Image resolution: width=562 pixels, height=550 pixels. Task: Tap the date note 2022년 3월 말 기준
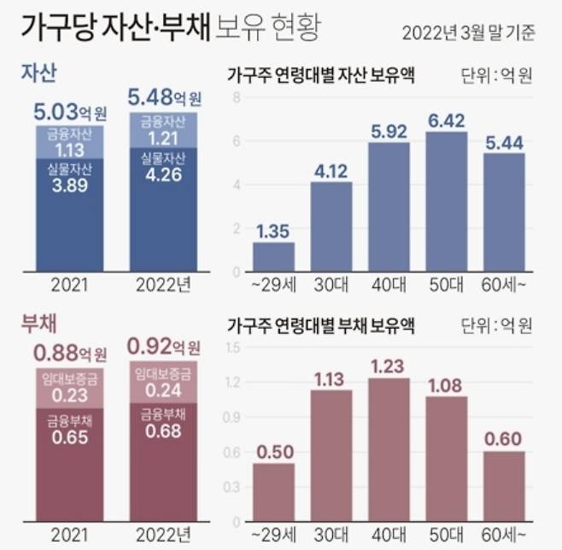(x=469, y=33)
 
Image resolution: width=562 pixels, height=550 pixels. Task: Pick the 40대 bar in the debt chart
(x=389, y=444)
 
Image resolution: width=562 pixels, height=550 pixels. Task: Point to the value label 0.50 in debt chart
(x=273, y=449)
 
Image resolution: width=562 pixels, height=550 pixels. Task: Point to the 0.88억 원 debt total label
(x=70, y=352)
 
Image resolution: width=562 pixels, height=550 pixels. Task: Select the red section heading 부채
(x=38, y=324)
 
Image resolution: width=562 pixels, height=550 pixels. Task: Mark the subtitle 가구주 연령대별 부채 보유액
(x=320, y=325)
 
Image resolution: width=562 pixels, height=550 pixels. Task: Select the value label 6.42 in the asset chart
(x=447, y=118)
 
